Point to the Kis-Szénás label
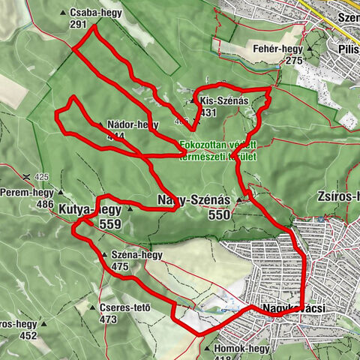point(221,100)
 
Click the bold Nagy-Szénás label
point(194,199)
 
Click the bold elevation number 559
point(109,224)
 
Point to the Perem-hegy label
point(25,193)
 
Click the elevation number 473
point(109,319)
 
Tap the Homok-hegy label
point(241,348)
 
